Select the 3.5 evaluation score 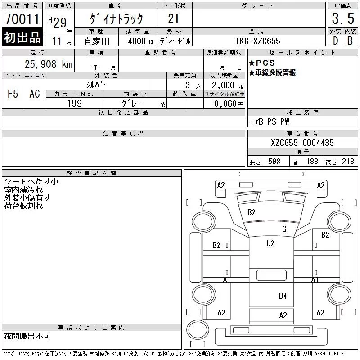(342, 19)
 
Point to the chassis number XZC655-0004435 (302, 143)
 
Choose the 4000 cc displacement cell (138, 41)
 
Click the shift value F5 (13, 94)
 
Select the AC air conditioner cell (35, 94)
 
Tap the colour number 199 (75, 103)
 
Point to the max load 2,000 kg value (225, 85)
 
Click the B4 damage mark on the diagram (283, 296)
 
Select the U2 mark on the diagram (270, 243)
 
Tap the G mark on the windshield (284, 229)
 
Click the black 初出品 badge (22, 38)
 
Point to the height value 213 (348, 162)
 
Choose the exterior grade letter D (335, 40)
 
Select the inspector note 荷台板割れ (24, 206)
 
